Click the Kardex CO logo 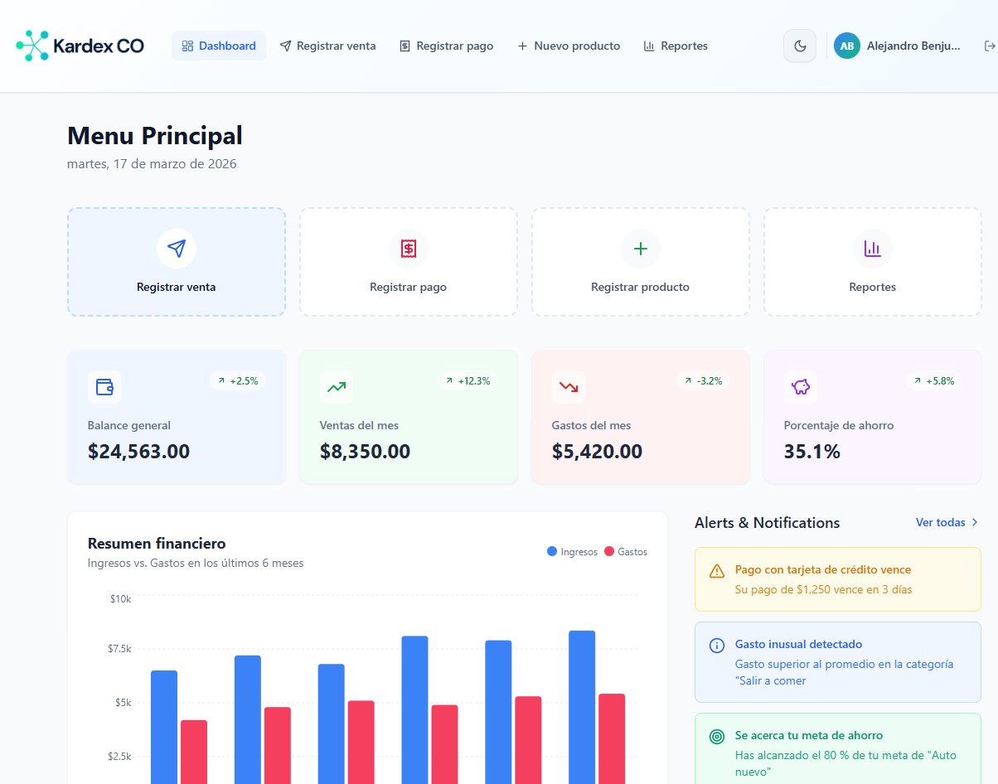[80, 46]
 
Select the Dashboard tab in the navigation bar [219, 46]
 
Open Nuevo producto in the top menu [569, 46]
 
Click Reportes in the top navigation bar [676, 46]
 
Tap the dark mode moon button [800, 46]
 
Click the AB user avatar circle [847, 46]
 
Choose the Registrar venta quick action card [177, 262]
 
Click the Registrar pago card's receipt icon [409, 248]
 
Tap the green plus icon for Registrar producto [641, 248]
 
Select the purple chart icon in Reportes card [873, 248]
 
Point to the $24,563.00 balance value [138, 452]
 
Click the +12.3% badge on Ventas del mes [468, 381]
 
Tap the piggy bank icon [801, 386]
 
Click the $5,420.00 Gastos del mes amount [597, 452]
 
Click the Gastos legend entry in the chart [626, 552]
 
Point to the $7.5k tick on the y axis [120, 648]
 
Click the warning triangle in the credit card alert [717, 571]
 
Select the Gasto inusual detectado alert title [798, 644]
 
